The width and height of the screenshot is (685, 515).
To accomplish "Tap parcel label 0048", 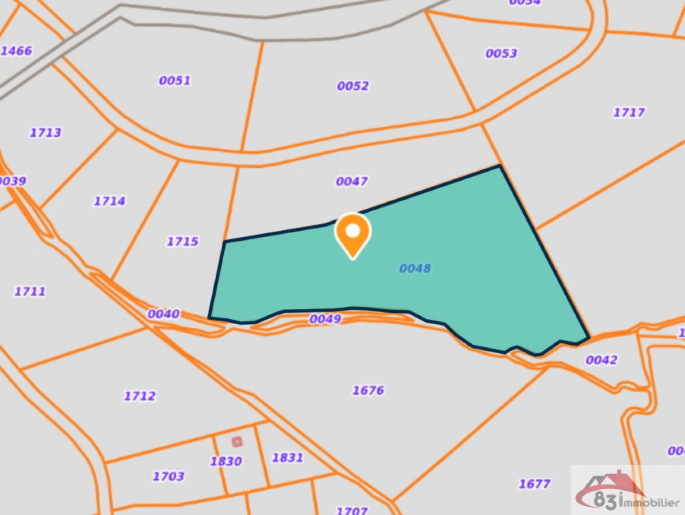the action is pos(415,268).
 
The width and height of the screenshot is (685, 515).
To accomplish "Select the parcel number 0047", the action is pos(352,181).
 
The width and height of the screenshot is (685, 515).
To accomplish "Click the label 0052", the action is pos(353,86).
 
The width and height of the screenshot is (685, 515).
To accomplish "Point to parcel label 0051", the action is pos(175,80).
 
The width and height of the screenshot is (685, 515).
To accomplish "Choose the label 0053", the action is pos(501,53).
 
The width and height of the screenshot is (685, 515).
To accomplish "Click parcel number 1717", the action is pos(628,112).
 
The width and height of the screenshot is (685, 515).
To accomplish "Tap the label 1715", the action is pos(182,241).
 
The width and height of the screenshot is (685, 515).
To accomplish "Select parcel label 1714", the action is pos(109,201).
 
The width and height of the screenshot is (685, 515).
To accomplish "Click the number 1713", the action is pos(45,132).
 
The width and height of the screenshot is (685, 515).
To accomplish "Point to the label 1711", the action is pos(30,291).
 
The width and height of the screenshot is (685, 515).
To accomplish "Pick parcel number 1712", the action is pos(139,396).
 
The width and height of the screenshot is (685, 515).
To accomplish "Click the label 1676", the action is pos(368,390).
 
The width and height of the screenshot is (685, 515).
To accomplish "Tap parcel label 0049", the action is pos(325,319).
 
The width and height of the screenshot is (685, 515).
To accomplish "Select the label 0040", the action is pos(163,314).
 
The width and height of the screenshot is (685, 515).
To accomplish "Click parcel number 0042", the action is pos(601,360).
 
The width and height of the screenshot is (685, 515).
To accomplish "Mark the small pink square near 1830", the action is pos(237,442).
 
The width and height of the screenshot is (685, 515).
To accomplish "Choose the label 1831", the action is pos(287,458).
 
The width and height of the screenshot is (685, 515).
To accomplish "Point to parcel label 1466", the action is pos(17,51).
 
